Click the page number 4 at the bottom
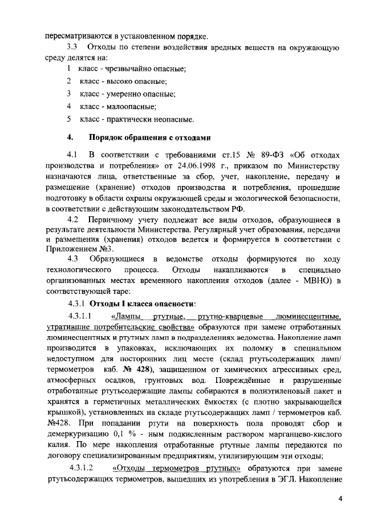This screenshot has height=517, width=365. (x=340, y=498)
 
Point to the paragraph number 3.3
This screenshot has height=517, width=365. (x=72, y=46)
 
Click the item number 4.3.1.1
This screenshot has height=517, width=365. (x=80, y=315)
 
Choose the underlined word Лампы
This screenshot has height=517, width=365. (x=125, y=316)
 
